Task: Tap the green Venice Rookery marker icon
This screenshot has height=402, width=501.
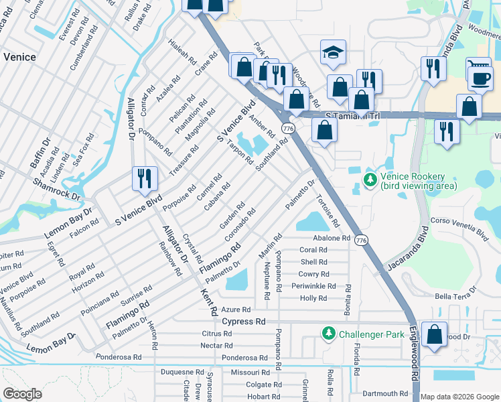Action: point(369,180)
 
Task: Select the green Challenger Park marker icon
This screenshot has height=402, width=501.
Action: point(328,333)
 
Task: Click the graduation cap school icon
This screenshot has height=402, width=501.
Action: point(332,53)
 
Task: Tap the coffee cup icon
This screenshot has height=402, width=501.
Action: point(480,78)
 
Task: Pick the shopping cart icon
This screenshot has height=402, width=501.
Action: point(478,66)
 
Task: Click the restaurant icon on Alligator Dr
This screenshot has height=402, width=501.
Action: point(145,178)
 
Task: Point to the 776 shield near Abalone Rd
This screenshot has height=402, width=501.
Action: point(361,240)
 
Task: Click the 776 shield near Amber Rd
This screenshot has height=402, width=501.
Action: point(288,128)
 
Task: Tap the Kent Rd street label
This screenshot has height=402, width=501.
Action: point(209,304)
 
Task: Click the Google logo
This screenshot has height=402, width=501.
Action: point(23,393)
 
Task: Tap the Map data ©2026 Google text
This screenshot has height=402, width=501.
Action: point(459,397)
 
